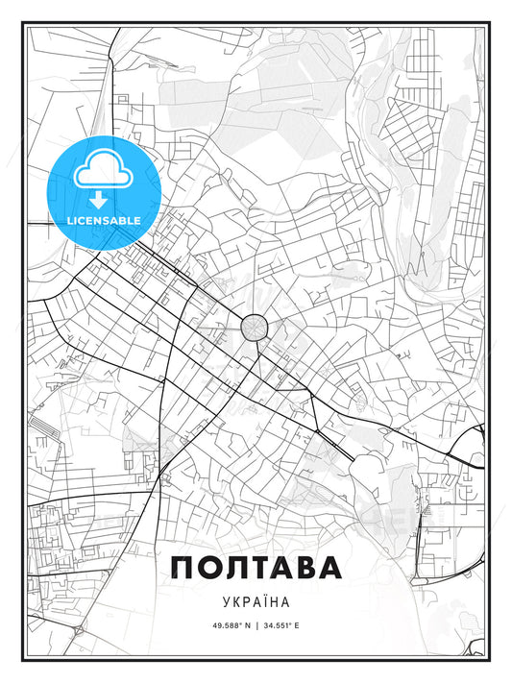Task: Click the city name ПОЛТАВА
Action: [x=256, y=568]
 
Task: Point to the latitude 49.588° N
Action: [x=218, y=625]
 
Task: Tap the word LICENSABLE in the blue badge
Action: [x=103, y=220]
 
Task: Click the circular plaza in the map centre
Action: [x=255, y=328]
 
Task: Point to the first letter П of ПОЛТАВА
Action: [x=184, y=568]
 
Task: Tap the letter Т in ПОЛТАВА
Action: [x=256, y=568]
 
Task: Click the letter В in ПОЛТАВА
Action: [x=304, y=568]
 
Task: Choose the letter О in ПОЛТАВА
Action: [x=209, y=568]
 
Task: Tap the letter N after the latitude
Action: [x=233, y=625]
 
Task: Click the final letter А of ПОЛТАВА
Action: [x=329, y=568]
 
